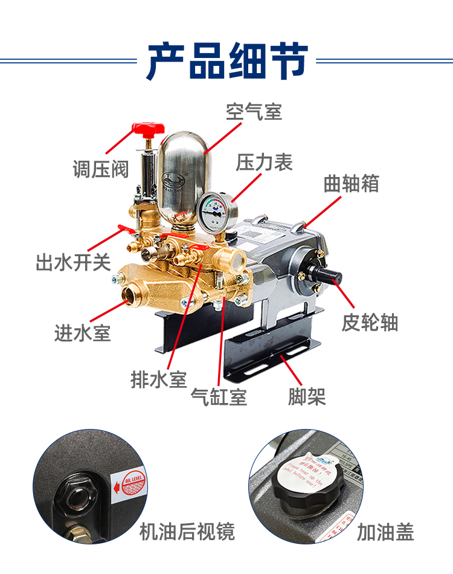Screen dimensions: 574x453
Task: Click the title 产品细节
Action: [226, 61]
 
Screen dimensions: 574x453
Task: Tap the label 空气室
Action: [254, 112]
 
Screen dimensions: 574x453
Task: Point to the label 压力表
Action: [264, 163]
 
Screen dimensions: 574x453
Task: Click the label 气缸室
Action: [219, 397]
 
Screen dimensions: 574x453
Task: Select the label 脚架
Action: [307, 397]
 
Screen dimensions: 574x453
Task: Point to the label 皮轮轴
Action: [370, 323]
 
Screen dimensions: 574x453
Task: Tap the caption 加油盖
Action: [385, 532]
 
